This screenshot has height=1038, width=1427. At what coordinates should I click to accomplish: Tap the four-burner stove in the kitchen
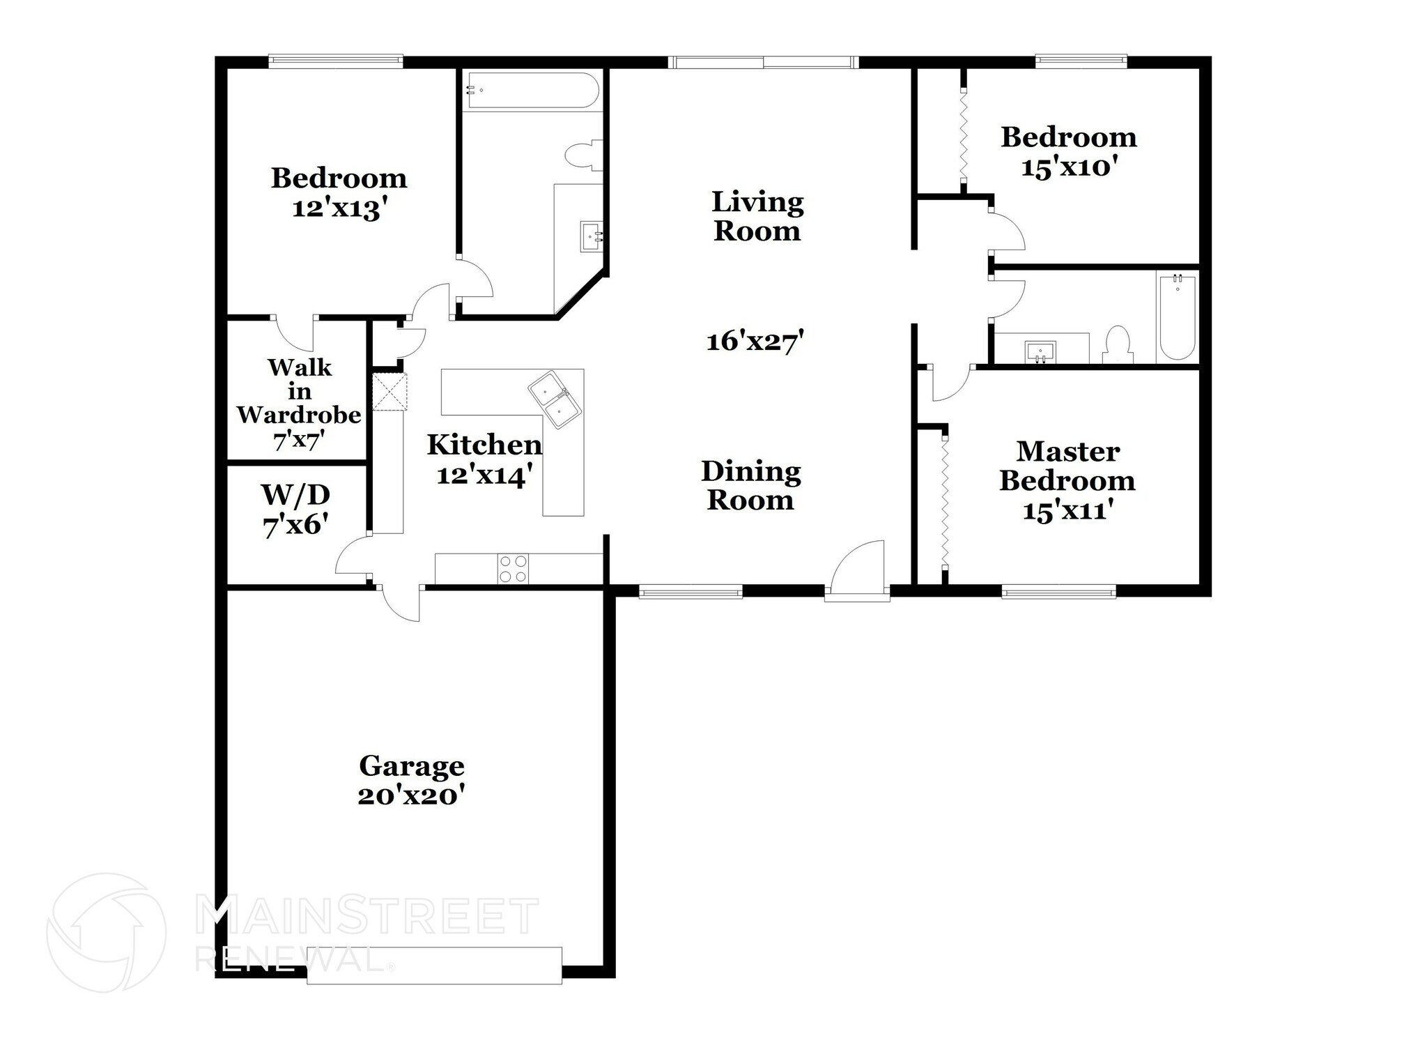coord(513,568)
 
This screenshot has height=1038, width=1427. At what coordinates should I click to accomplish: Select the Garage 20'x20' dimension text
coord(411,795)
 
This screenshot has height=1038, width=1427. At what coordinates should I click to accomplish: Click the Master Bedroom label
coord(1067,466)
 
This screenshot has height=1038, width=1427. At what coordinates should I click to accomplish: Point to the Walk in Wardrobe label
coord(299,391)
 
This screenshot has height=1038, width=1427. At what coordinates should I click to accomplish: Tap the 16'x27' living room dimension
coord(756,342)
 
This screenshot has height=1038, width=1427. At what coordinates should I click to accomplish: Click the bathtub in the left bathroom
coord(532,90)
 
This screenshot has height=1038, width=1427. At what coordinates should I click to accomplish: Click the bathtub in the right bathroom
coord(1178,317)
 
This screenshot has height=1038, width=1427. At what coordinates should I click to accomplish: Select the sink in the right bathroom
coord(1040,351)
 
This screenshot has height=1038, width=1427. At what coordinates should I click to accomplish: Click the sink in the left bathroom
coord(592,236)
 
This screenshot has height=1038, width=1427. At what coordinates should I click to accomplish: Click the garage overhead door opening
coord(435,966)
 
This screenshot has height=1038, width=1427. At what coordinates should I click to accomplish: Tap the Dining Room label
coord(750,486)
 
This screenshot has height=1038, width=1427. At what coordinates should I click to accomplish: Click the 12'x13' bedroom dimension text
coord(339,208)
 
